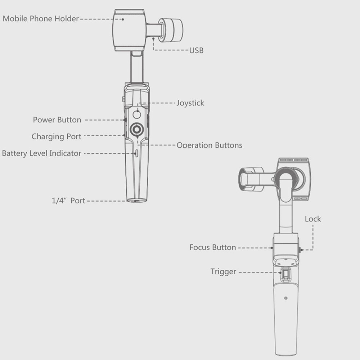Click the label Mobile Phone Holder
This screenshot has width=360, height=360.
(40, 19)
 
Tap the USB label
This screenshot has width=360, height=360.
(196, 50)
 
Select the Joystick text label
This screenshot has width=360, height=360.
(190, 103)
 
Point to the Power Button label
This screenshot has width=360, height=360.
(57, 120)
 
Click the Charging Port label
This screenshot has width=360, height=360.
(56, 137)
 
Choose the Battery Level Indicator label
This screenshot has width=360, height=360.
(41, 153)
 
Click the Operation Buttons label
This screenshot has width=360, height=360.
(209, 145)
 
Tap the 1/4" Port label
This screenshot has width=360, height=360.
(68, 201)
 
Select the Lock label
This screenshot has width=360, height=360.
(312, 219)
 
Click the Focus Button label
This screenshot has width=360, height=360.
(212, 248)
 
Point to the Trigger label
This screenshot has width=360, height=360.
(223, 272)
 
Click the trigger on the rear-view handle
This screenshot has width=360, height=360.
(286, 275)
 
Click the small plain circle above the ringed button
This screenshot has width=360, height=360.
(136, 114)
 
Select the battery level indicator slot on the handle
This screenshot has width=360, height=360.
(136, 153)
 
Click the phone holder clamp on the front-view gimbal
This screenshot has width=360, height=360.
(130, 30)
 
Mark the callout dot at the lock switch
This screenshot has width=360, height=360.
(301, 249)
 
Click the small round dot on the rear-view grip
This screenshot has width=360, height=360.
(285, 298)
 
